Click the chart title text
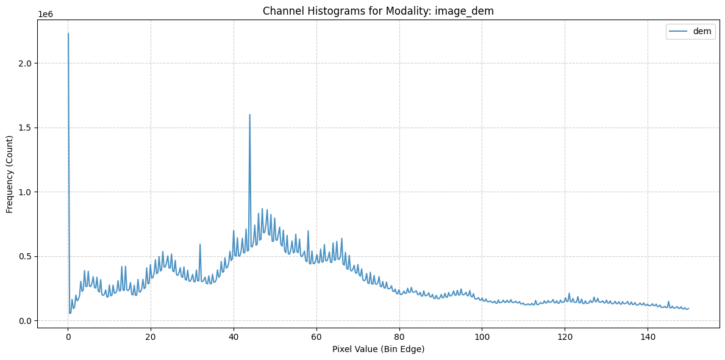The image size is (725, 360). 378,11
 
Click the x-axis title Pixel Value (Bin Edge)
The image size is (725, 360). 378,350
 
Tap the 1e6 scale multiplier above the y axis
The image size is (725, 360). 45,15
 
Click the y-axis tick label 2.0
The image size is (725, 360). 26,63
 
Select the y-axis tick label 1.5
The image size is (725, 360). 26,128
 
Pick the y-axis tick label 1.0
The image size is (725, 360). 26,192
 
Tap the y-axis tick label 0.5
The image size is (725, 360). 26,256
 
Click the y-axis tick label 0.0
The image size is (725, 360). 26,321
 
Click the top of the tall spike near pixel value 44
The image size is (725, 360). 249,114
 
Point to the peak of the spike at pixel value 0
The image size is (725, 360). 68,34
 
